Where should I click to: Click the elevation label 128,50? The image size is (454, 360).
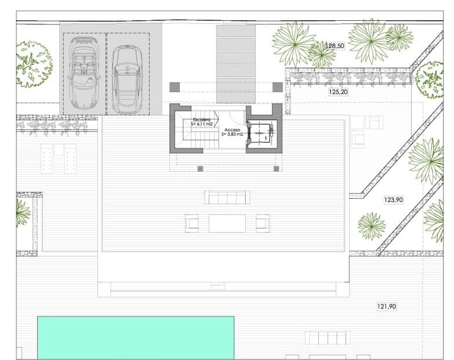[x=335, y=46]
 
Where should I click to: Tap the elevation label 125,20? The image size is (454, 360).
[x=338, y=92]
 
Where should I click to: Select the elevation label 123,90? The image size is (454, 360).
[x=393, y=199]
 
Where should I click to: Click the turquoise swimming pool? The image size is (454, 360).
[x=136, y=337]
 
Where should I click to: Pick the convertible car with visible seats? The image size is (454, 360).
[x=84, y=72]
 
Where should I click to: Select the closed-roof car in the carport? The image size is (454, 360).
[x=127, y=79]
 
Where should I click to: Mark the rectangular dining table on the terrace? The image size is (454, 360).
[x=227, y=223]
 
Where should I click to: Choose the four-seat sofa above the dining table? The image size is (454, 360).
[x=227, y=197]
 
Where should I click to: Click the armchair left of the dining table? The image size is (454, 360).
[x=192, y=223]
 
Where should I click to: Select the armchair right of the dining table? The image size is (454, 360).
[x=263, y=223]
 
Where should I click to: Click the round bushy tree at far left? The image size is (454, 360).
[x=34, y=64]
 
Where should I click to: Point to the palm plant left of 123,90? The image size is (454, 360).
[x=371, y=226]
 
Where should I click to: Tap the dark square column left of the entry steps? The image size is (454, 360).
[x=174, y=87]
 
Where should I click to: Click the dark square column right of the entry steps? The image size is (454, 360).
[x=278, y=87]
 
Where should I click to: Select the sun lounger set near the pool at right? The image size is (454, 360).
[x=328, y=338]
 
